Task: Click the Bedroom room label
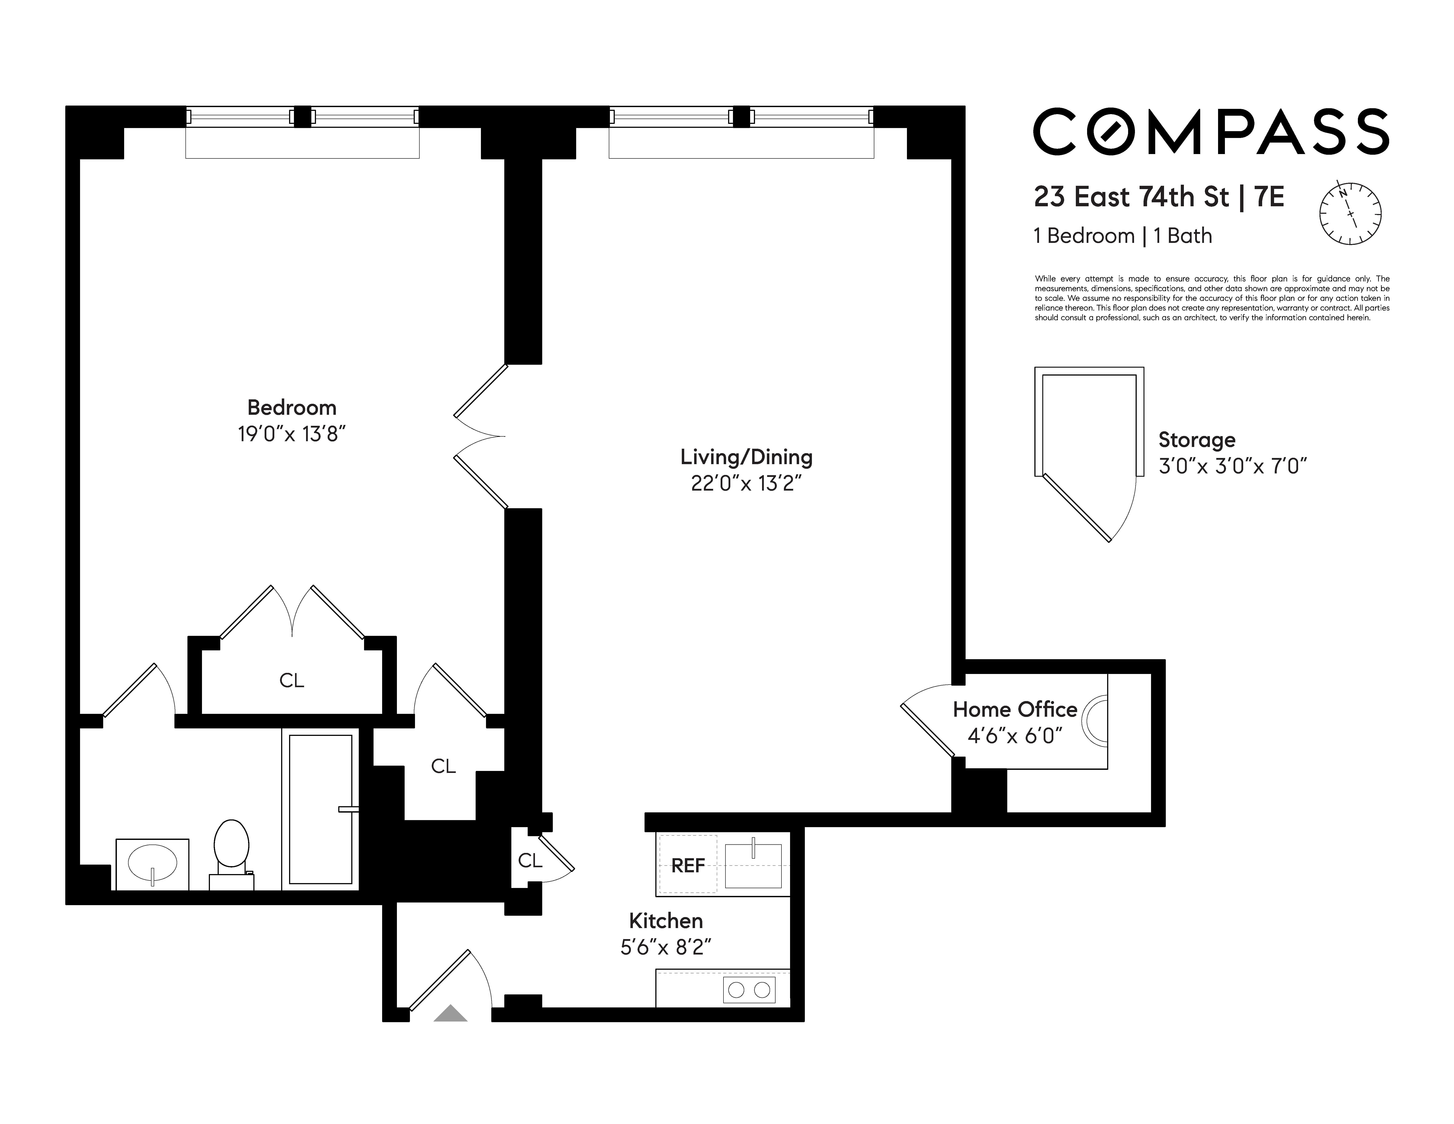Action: (x=292, y=407)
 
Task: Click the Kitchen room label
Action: (x=666, y=921)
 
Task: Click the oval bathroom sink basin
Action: (x=152, y=864)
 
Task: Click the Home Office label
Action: (x=1015, y=709)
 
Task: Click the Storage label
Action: (x=1196, y=440)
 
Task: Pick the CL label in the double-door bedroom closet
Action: (x=292, y=680)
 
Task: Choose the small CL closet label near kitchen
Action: (x=530, y=860)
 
